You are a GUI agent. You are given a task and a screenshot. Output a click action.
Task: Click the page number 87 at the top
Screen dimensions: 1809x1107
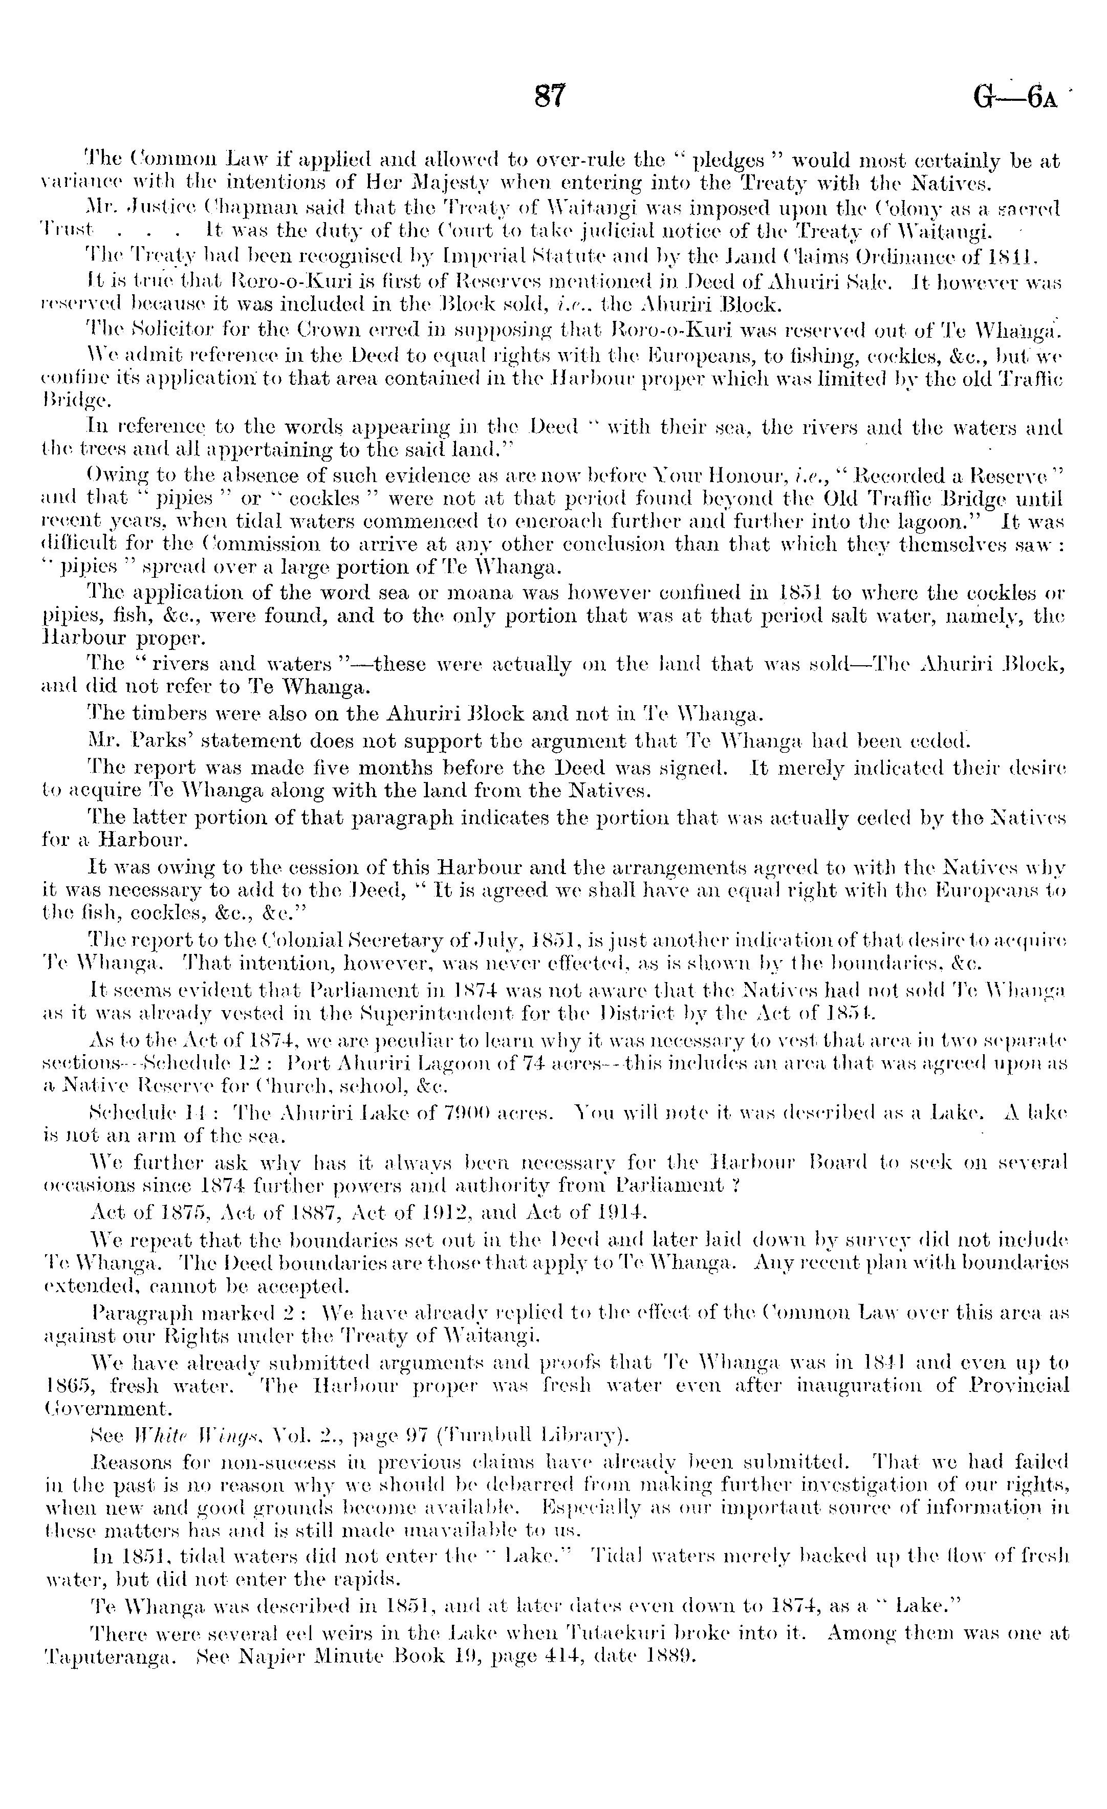coord(551,96)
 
